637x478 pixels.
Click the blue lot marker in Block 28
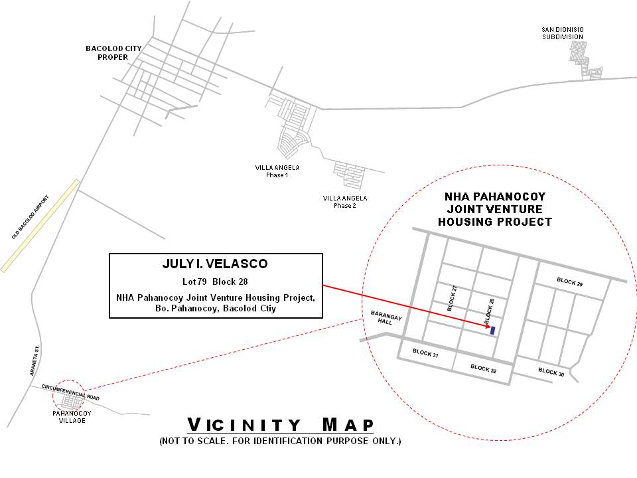tap(493, 331)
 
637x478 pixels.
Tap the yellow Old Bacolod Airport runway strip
tap(40, 226)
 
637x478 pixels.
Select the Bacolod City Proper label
tap(113, 53)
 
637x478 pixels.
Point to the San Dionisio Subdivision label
tap(563, 33)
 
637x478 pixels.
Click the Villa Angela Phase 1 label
tap(277, 171)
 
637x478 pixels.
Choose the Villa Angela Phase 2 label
tap(345, 202)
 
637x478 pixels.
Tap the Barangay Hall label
tap(386, 317)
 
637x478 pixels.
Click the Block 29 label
tap(569, 281)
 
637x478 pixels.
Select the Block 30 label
tap(551, 372)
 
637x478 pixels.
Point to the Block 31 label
tap(425, 353)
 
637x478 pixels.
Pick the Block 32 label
tap(484, 368)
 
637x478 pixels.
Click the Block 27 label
tap(452, 298)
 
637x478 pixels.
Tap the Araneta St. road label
tap(35, 360)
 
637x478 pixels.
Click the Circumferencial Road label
tap(71, 392)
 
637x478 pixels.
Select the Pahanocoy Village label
tap(72, 417)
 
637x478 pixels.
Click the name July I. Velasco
tap(215, 264)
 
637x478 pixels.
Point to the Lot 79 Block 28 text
tap(215, 281)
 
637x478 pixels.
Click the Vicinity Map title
tap(280, 425)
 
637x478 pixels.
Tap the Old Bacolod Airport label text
tap(31, 218)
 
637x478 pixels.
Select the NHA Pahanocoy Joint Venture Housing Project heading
tap(495, 209)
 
